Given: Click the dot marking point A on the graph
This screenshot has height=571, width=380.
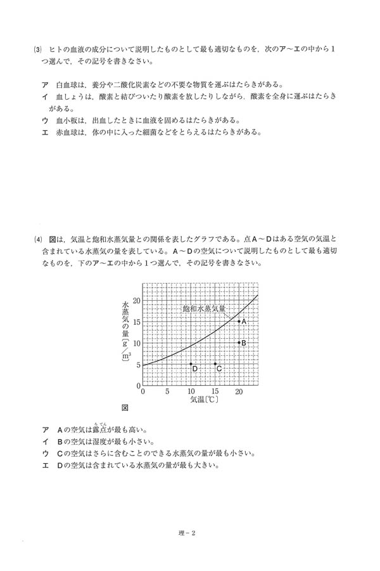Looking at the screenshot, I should click(x=239, y=322).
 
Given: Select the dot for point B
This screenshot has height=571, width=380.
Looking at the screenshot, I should click(x=239, y=343).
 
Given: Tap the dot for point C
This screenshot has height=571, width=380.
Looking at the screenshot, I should click(x=215, y=364).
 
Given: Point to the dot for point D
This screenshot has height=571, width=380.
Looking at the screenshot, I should click(x=191, y=364).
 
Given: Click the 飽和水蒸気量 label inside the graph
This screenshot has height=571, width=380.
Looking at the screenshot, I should click(x=203, y=308).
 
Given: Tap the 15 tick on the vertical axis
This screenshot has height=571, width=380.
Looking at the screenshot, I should click(x=137, y=322).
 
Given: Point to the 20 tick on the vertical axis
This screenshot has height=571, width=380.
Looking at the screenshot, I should click(x=137, y=301).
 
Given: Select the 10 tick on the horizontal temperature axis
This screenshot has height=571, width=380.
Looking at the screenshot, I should click(x=191, y=392).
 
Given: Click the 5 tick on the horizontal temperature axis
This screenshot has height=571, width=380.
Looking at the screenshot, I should click(x=167, y=392).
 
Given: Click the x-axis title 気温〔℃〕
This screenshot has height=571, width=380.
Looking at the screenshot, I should click(x=205, y=401).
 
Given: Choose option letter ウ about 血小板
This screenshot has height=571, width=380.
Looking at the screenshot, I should click(x=45, y=119).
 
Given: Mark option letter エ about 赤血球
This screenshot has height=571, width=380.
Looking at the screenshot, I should click(x=45, y=133).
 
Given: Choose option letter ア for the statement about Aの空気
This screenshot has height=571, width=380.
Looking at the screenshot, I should click(x=45, y=429).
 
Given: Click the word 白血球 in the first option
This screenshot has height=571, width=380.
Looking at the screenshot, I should click(x=67, y=84).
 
